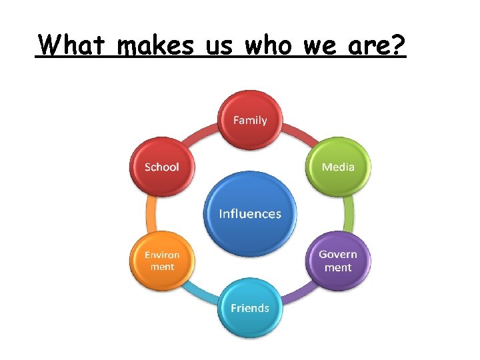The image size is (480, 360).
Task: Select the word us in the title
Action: point(219,47)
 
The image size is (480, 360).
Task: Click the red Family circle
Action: point(250,120)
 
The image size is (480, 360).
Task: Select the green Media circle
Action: point(338,167)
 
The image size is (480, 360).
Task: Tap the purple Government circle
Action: point(338,261)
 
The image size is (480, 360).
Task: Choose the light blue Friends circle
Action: point(250,307)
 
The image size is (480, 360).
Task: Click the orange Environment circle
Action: point(162,261)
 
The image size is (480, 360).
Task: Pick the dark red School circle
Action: point(162,167)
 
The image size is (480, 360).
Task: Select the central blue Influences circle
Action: point(250,213)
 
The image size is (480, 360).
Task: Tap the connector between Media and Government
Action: point(349,213)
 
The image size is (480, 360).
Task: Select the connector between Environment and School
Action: point(151,213)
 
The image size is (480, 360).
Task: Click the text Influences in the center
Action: point(250,214)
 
